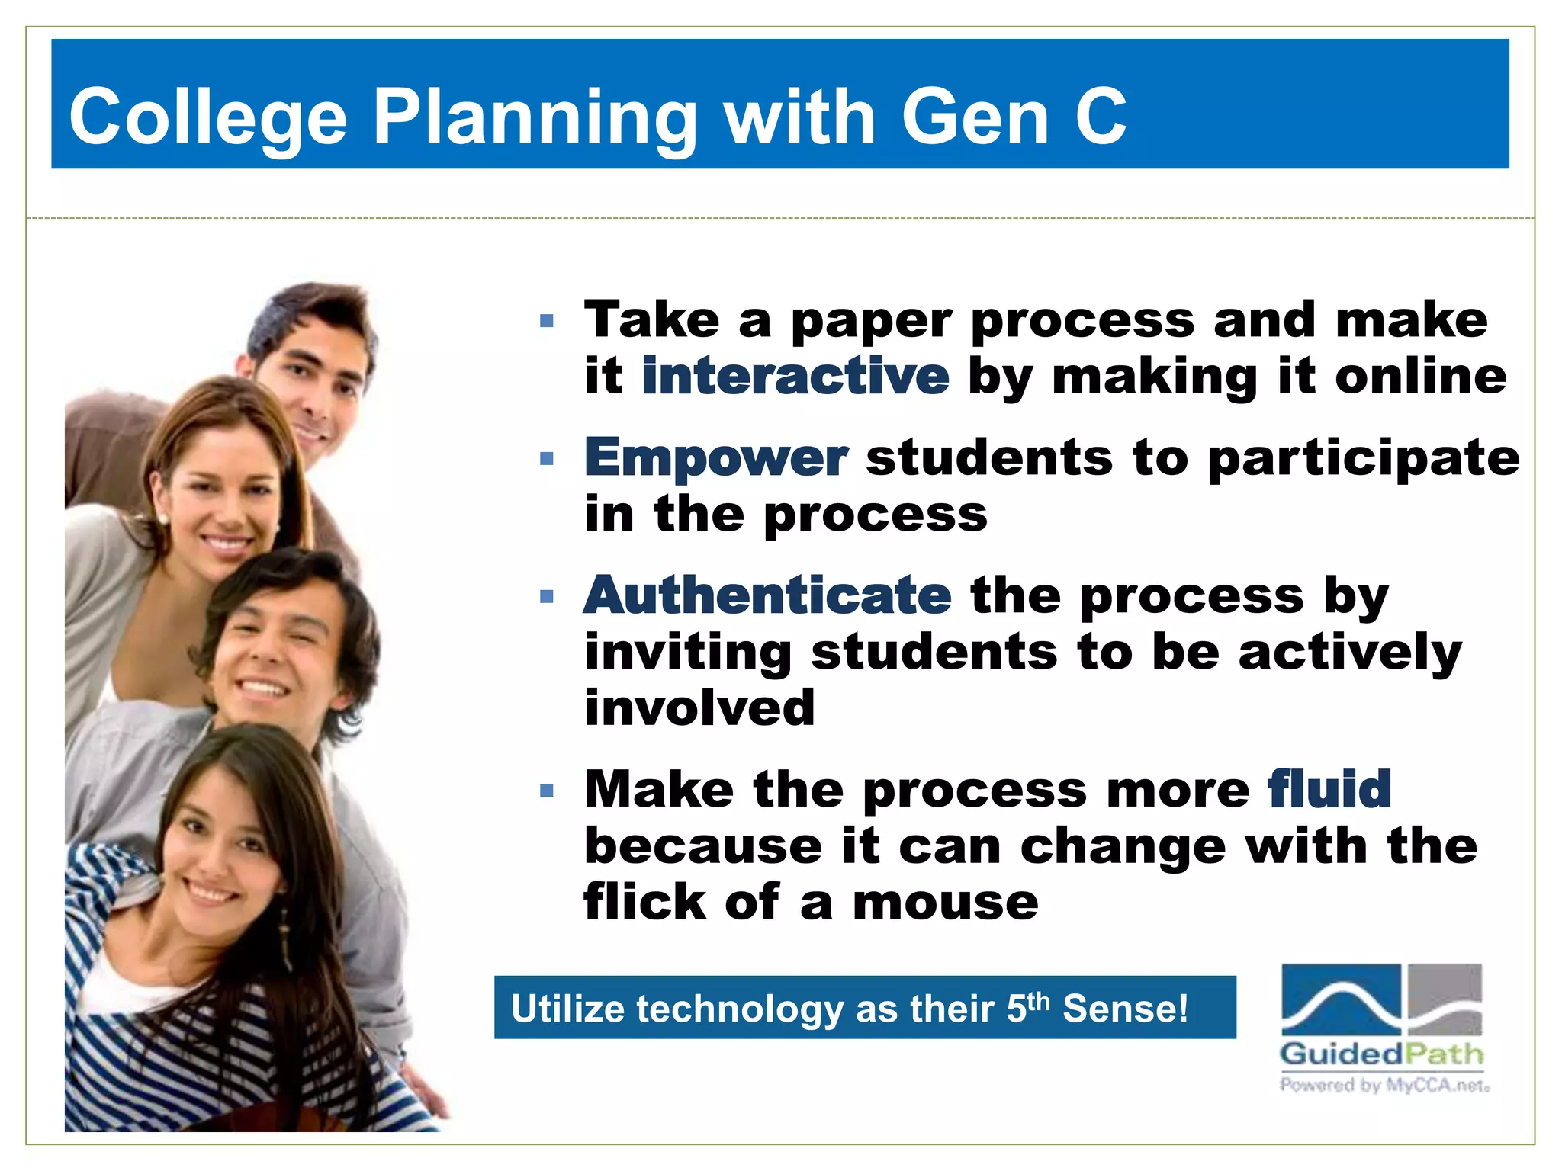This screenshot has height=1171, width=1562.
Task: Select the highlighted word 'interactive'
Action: click(x=795, y=376)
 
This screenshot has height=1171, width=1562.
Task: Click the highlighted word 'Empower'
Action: click(x=715, y=457)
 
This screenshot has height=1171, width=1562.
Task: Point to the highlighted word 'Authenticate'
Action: click(x=767, y=595)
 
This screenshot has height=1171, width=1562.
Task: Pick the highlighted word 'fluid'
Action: click(x=1329, y=789)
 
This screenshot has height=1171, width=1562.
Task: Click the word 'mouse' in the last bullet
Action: click(x=945, y=903)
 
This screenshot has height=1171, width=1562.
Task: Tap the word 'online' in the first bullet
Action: click(x=1420, y=376)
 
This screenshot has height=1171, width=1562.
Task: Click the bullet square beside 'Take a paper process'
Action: click(x=546, y=321)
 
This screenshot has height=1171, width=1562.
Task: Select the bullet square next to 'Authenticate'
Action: click(x=546, y=596)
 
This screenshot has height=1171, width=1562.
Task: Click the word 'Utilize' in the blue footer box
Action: click(x=567, y=1009)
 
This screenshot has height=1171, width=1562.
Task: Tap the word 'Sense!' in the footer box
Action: click(x=1125, y=1009)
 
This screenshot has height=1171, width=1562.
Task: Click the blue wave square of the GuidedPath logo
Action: click(x=1341, y=999)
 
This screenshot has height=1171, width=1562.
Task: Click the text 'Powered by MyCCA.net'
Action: click(x=1384, y=1084)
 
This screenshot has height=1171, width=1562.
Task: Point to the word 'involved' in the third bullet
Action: click(x=699, y=707)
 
